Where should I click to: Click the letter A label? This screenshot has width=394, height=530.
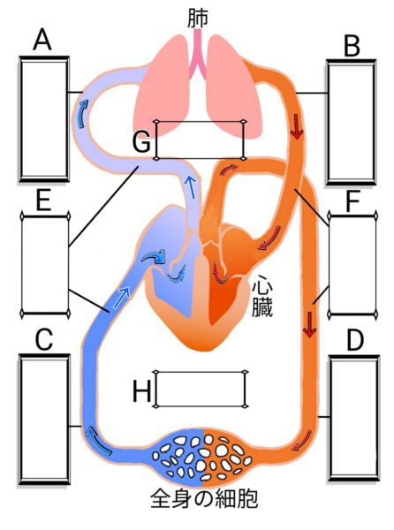42,40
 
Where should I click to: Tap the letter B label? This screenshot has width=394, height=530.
352,46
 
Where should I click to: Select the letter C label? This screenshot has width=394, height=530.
44,339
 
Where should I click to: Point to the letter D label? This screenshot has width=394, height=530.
355,341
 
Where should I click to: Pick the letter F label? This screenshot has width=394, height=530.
352,201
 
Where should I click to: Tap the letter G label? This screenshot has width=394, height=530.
141,142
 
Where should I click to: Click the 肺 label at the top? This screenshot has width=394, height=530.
198,18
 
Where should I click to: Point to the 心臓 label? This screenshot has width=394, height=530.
262,299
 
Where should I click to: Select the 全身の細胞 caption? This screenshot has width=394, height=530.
204,499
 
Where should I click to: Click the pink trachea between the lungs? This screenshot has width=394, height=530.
198,54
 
